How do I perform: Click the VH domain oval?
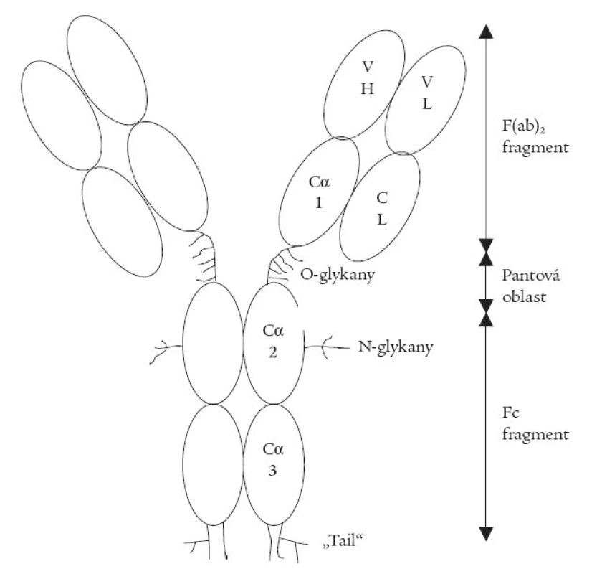click(364, 84)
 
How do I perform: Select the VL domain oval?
click(426, 100)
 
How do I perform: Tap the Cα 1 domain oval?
click(320, 192)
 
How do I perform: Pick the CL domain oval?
click(380, 207)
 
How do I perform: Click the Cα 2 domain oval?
click(274, 343)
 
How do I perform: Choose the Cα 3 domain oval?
click(274, 465)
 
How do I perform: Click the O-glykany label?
click(338, 275)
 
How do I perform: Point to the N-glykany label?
click(395, 347)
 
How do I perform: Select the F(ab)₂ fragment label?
click(535, 136)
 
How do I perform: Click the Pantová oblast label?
click(531, 286)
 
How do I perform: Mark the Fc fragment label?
click(535, 423)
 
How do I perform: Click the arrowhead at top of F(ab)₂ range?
click(486, 32)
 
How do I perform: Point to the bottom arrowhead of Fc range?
click(486, 534)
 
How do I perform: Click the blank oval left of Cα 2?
click(214, 343)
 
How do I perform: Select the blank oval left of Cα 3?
click(214, 465)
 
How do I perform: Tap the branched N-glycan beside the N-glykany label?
click(326, 347)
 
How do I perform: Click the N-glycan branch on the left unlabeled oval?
click(166, 351)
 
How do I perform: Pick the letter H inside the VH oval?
click(368, 89)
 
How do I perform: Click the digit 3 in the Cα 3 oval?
click(272, 471)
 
